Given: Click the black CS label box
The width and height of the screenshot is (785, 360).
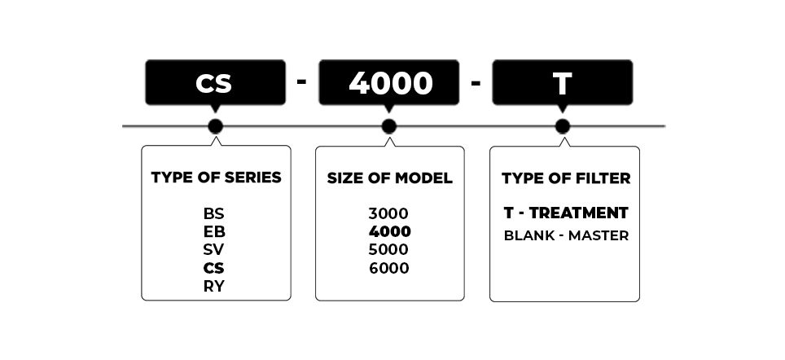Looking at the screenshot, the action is [x=215, y=82].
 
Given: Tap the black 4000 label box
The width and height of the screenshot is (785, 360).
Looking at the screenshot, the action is [x=389, y=82].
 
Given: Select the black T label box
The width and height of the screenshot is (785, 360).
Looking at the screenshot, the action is [x=562, y=82].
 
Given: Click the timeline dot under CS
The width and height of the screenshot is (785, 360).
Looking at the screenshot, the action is [x=215, y=127].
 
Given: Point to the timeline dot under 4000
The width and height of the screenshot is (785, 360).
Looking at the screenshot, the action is [x=389, y=127].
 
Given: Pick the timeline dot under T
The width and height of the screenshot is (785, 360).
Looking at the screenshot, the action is [x=562, y=127].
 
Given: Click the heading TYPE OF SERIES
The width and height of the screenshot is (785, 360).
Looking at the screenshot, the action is [x=217, y=178].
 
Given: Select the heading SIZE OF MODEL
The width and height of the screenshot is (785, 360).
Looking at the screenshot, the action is [x=389, y=178].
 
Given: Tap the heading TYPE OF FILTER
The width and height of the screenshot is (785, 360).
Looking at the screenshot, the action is [x=566, y=178].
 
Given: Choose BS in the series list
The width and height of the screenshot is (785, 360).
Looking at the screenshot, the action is [x=214, y=213].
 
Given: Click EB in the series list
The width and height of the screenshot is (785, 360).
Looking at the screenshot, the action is [x=214, y=232].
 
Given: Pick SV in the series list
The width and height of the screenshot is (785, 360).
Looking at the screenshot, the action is [x=214, y=250].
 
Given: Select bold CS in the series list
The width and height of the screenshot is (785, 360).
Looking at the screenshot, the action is [x=214, y=269].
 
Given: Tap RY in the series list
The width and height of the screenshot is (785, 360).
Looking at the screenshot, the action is [x=214, y=287].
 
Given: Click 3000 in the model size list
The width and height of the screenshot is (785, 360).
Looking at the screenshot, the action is [x=388, y=213].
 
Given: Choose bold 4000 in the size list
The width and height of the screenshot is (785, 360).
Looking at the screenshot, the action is [x=389, y=232].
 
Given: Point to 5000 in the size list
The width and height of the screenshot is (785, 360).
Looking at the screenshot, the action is [x=388, y=250].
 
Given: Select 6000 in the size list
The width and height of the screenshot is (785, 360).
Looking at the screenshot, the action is [x=389, y=269].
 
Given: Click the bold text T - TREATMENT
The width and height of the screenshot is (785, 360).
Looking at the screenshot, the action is [x=566, y=213].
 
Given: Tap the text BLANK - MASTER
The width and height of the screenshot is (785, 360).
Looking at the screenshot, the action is [x=566, y=236].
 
